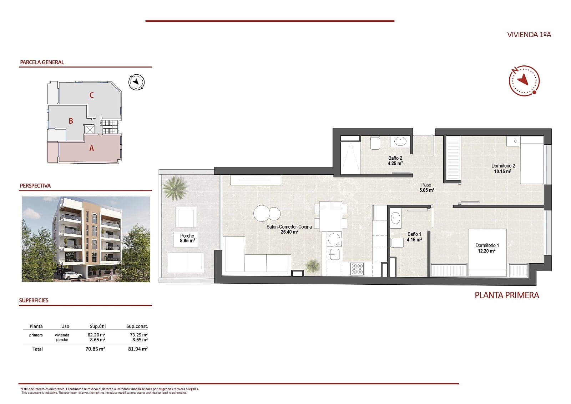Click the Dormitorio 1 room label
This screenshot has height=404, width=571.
coord(487,245)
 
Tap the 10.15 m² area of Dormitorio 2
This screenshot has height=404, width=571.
coord(502,171)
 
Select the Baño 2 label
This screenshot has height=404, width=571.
coord(395,158)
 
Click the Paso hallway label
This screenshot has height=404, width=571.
coord(426,185)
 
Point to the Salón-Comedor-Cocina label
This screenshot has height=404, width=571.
coord(289,227)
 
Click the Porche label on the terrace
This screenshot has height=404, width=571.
coord(187,236)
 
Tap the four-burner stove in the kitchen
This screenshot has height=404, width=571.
coord(357,269)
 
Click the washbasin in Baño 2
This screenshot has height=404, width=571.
coord(400,141)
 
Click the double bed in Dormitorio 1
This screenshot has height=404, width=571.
coord(487,252)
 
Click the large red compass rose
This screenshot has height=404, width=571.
coord(524,81)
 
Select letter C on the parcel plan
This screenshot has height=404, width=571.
coord(92,95)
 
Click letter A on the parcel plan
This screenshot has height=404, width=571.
coord(91,148)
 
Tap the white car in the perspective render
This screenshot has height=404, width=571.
coord(72,275)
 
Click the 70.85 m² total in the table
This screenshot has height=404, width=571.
coord(95,349)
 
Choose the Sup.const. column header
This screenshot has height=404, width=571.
coord(137,326)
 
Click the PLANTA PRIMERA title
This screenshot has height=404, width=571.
coord(506,295)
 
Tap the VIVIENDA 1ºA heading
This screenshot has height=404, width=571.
coord(529,35)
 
